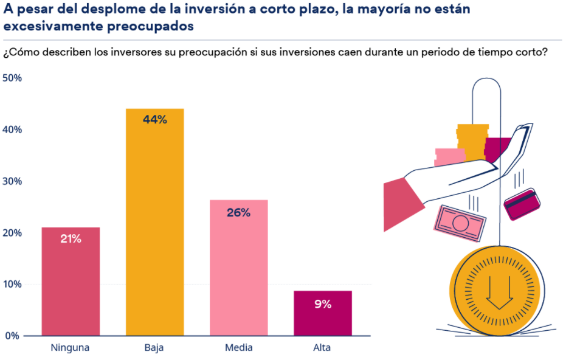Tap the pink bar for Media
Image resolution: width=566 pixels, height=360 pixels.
coord(238,268)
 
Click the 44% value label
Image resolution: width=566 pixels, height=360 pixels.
coord(154,120)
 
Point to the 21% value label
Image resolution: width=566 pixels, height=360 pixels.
coord(71,239)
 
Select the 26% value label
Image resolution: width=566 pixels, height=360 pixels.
coord(238,213)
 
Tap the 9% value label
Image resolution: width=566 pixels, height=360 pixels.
coord(323,305)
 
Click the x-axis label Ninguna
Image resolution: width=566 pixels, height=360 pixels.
coord(71,348)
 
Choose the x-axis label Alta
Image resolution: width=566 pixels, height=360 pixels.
coord(322,348)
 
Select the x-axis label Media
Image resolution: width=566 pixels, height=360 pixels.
coord(238,348)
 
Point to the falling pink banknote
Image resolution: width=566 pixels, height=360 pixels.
coord(460,223)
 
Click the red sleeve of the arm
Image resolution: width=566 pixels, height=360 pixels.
coord(402,204)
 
